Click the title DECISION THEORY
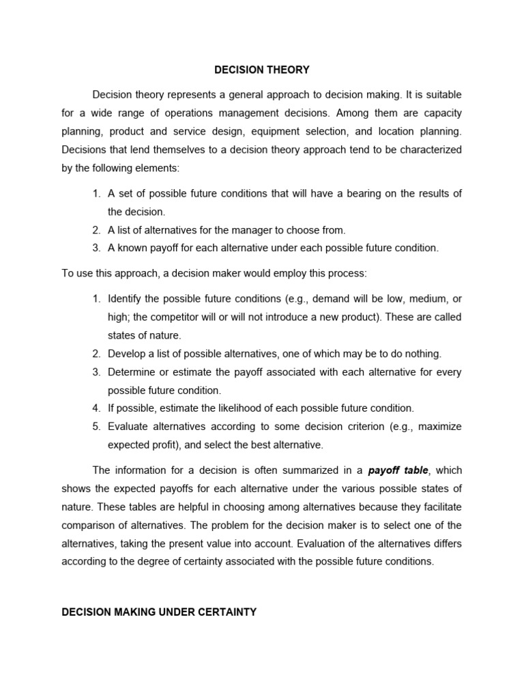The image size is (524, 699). point(262,70)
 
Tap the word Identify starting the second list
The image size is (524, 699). point(127,299)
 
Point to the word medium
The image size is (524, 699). point(424,299)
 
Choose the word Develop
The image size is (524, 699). point(128,354)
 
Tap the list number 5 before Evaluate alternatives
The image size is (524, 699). point(96,427)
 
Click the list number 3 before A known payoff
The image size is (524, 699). point(96,248)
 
